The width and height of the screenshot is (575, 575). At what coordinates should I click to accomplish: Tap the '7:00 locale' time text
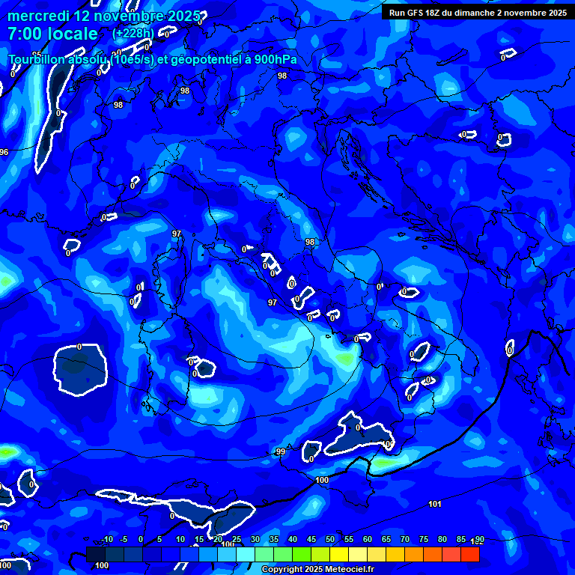(x=52, y=34)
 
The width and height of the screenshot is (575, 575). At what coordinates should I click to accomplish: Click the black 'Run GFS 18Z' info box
(x=477, y=13)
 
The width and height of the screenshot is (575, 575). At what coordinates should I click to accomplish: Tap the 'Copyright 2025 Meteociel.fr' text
(x=318, y=570)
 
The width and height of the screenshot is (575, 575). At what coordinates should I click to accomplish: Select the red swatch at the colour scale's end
(x=469, y=554)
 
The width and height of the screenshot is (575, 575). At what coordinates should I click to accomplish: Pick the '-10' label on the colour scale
(x=106, y=540)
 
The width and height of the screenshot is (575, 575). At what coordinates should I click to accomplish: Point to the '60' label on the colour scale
(x=368, y=540)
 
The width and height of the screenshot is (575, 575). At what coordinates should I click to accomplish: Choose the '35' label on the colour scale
(x=274, y=540)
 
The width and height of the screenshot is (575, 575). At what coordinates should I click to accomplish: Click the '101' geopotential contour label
(x=435, y=504)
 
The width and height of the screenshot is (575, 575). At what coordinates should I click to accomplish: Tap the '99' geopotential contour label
(x=281, y=451)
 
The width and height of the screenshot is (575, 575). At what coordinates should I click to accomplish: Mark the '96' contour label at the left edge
(x=4, y=152)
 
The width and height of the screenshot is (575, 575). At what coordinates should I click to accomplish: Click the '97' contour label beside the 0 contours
(x=273, y=302)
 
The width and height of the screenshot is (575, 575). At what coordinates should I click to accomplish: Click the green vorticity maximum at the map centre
(x=345, y=358)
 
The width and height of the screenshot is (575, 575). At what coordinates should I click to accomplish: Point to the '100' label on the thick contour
(x=322, y=480)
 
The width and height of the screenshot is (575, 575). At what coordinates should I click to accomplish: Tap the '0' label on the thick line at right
(x=510, y=350)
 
